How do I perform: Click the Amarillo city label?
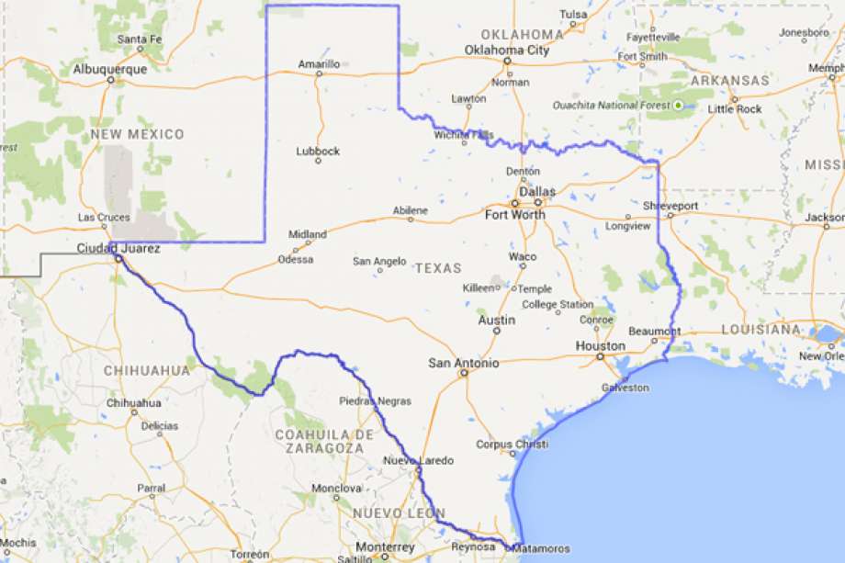click(318, 63)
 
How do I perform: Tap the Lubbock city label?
click(318, 151)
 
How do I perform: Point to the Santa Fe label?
click(140, 39)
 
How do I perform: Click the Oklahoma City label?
click(506, 50)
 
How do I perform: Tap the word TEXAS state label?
click(437, 268)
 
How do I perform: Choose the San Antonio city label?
click(464, 363)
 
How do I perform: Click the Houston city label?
click(600, 346)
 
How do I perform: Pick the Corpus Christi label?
click(512, 445)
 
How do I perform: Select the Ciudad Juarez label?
click(118, 248)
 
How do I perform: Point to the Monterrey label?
click(385, 547)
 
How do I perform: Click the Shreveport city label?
click(670, 205)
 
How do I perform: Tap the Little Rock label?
click(735, 108)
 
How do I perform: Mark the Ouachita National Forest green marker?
click(678, 106)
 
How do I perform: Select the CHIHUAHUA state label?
click(147, 371)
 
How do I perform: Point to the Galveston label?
click(625, 388)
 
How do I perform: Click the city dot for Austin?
click(497, 332)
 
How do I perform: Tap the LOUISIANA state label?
click(760, 329)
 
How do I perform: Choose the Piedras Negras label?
click(375, 400)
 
